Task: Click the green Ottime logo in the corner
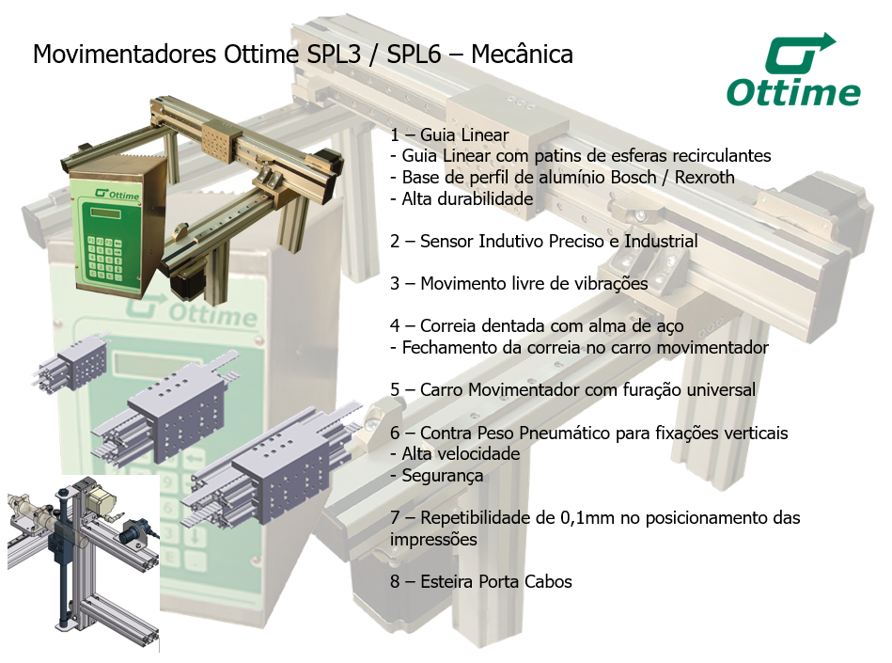[793, 71]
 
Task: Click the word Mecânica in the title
[522, 55]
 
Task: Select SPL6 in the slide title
[414, 55]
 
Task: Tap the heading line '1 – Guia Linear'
[449, 134]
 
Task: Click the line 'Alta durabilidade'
[462, 198]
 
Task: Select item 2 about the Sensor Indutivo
[544, 241]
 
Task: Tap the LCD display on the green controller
[106, 214]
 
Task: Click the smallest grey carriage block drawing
[72, 362]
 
